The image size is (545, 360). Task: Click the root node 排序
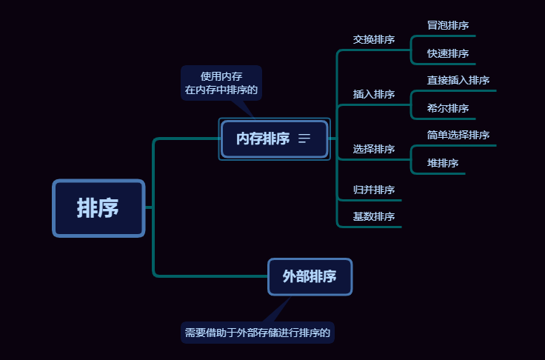point(98,208)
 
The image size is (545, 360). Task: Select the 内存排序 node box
point(263,139)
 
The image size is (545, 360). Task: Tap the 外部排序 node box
point(310,276)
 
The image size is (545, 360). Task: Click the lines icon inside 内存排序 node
point(304,139)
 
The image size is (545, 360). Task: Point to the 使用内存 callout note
point(221,83)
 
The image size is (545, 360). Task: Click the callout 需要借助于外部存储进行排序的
point(258,333)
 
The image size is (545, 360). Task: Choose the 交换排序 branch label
point(374,39)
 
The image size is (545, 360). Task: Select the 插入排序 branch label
point(374,94)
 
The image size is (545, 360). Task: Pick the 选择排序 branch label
point(374,149)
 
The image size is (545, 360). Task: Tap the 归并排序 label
point(374,190)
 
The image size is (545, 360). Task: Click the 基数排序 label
point(374,216)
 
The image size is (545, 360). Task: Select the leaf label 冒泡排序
point(448,25)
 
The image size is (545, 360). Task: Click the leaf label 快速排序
point(448,53)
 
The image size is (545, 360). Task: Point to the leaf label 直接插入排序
point(458,80)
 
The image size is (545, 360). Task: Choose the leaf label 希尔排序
point(448,108)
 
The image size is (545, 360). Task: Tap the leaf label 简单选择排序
point(458,135)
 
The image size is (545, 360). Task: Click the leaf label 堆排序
point(443,163)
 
